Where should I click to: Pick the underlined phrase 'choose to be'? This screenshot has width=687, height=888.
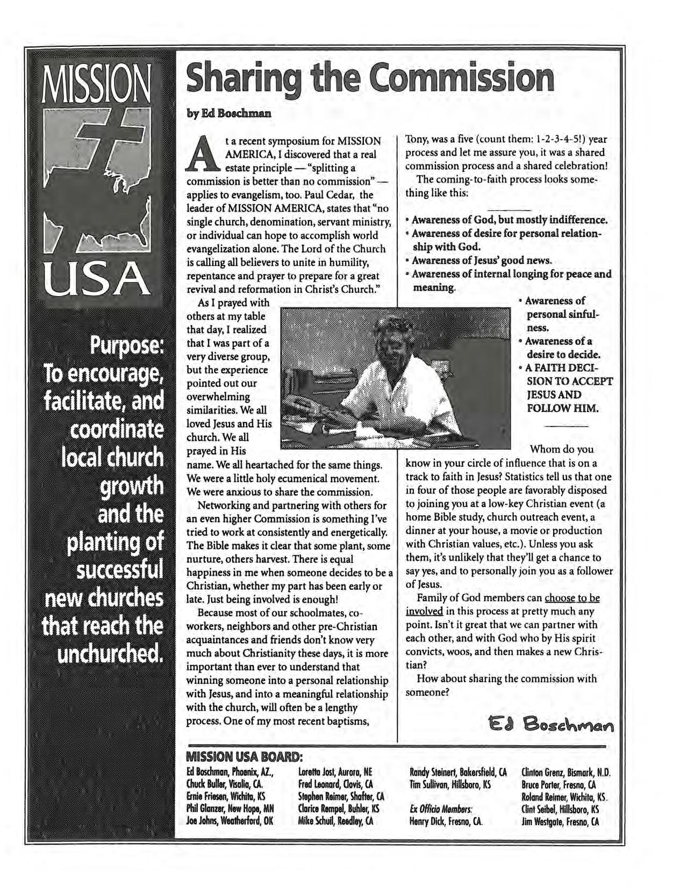click(572, 598)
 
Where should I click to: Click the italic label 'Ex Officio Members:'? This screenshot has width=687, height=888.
click(440, 810)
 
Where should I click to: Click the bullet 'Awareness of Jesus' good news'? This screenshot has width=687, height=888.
click(483, 261)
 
